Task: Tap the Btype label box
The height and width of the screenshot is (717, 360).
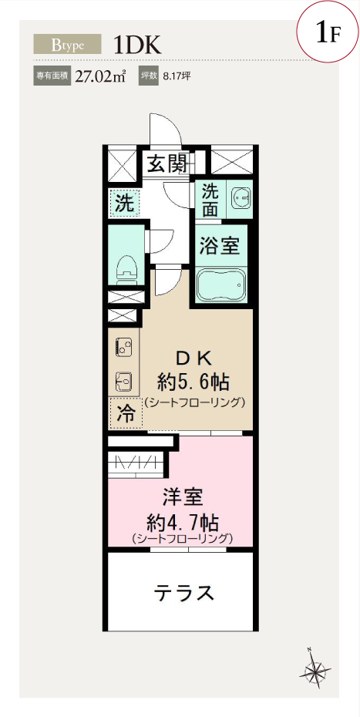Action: point(67,45)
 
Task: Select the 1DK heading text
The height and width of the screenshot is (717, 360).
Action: point(138,45)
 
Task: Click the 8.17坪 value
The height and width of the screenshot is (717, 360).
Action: point(173,76)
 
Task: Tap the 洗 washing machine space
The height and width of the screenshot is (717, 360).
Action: point(124,203)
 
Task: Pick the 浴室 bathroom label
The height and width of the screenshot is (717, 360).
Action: point(220,247)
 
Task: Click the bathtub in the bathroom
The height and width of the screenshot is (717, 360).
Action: point(221,284)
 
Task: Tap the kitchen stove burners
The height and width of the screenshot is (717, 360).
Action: point(123,346)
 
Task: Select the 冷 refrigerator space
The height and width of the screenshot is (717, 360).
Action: point(126,413)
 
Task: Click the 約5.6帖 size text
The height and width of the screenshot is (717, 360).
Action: point(193,381)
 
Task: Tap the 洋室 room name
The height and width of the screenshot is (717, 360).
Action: point(183,497)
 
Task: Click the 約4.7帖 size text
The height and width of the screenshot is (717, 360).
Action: point(182,522)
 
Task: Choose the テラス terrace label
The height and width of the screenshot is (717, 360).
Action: point(184,593)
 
